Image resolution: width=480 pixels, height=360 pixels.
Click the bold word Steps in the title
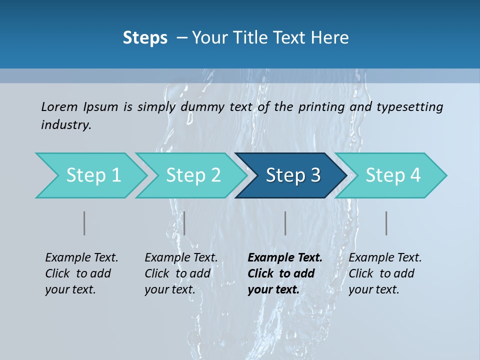pos(145,38)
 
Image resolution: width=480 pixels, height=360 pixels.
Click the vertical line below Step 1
pos(84,223)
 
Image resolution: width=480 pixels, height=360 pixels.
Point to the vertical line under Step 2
pos(184,223)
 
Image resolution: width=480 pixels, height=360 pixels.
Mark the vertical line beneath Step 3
pos(285,223)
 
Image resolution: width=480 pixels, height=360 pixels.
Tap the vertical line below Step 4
pos(386,223)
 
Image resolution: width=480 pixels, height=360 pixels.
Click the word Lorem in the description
pos(59,106)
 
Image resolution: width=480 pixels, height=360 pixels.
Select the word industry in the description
pos(66,125)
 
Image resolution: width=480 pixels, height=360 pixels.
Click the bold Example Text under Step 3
pos(285,257)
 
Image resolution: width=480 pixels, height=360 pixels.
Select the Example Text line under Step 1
pos(81,257)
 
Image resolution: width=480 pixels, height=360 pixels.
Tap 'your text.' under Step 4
pos(373,289)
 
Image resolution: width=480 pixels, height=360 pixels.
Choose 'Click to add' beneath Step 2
pos(177,273)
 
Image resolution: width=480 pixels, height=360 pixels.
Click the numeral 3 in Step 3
pos(314,175)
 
